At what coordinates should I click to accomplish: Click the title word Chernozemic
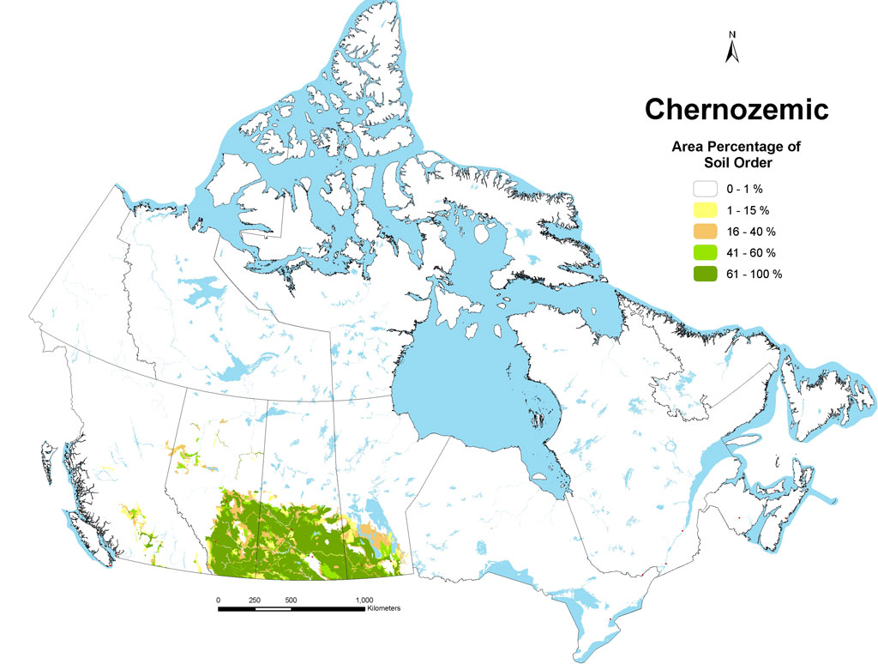point(736,109)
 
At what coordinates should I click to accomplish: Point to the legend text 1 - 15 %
point(751,210)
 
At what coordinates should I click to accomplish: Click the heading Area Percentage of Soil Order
point(735,154)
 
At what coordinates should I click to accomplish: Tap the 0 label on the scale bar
point(219,600)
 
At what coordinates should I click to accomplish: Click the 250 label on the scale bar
point(256,600)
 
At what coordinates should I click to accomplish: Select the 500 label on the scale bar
point(292,600)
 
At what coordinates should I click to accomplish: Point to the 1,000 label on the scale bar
point(364,600)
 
